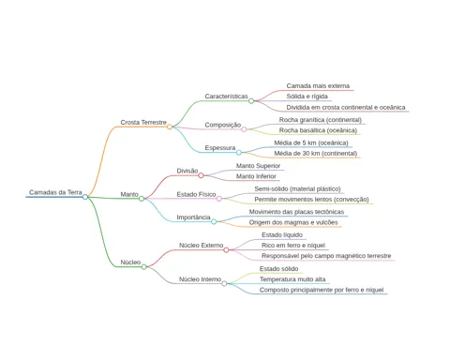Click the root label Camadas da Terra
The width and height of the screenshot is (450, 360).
(55, 192)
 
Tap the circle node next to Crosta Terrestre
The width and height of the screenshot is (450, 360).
(170, 127)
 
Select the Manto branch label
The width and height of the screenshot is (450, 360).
(129, 194)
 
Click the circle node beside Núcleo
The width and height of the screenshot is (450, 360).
(143, 267)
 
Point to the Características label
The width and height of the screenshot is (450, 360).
(226, 97)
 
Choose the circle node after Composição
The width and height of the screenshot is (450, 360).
(244, 129)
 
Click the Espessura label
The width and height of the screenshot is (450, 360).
(220, 148)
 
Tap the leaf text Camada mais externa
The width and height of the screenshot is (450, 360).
(318, 86)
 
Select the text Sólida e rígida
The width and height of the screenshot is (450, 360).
(307, 97)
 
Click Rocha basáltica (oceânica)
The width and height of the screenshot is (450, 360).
(318, 130)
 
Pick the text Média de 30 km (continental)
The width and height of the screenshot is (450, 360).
(316, 154)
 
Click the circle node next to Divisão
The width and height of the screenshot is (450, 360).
(201, 175)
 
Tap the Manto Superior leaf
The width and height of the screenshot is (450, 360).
(258, 166)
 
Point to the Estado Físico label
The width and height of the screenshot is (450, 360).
(196, 194)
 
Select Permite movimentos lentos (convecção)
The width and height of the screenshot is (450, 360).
(311, 200)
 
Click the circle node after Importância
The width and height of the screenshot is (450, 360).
(214, 221)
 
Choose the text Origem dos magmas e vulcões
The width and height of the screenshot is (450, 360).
(293, 222)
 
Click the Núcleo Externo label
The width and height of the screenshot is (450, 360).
(201, 246)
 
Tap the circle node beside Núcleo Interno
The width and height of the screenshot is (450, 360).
(224, 283)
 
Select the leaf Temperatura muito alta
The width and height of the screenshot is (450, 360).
(292, 279)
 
